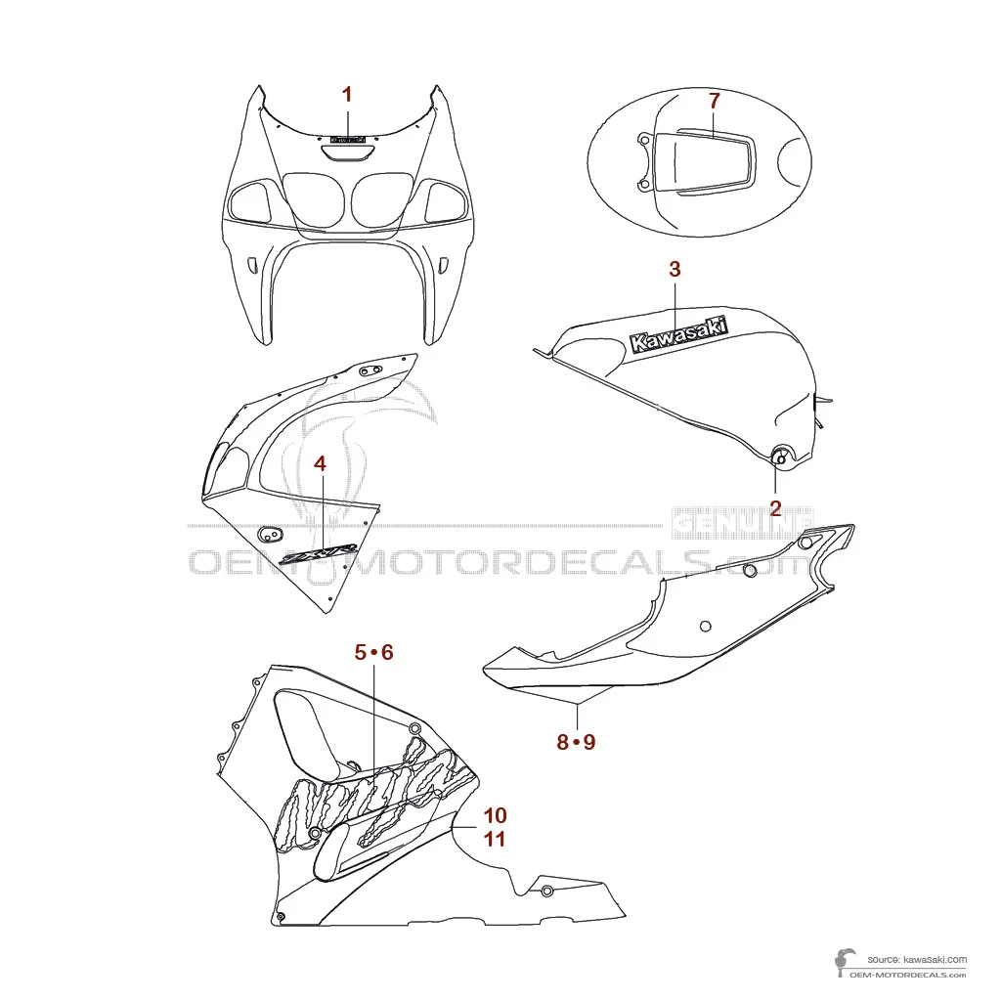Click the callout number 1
[346, 94]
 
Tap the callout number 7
[714, 100]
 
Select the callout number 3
[675, 269]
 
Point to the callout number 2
[775, 507]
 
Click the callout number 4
[320, 463]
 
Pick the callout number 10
[495, 814]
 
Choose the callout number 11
[495, 839]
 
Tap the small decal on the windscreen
[347, 140]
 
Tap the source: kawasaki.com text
[916, 960]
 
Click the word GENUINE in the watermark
[743, 524]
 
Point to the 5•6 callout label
[373, 652]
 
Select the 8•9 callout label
[576, 742]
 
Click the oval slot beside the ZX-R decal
[269, 533]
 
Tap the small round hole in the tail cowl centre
[706, 626]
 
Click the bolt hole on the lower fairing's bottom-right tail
[546, 890]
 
